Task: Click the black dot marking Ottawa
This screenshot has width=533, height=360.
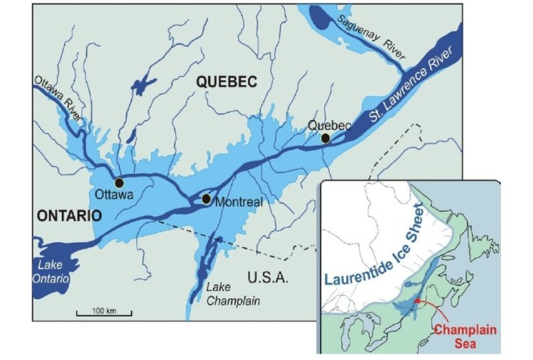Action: click(x=119, y=182)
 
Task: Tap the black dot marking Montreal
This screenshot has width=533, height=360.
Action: click(x=206, y=199)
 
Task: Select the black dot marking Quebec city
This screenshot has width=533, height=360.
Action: click(x=325, y=138)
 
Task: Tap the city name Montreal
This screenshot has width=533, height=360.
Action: click(x=239, y=202)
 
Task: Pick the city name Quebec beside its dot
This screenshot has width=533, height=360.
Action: click(x=328, y=126)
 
